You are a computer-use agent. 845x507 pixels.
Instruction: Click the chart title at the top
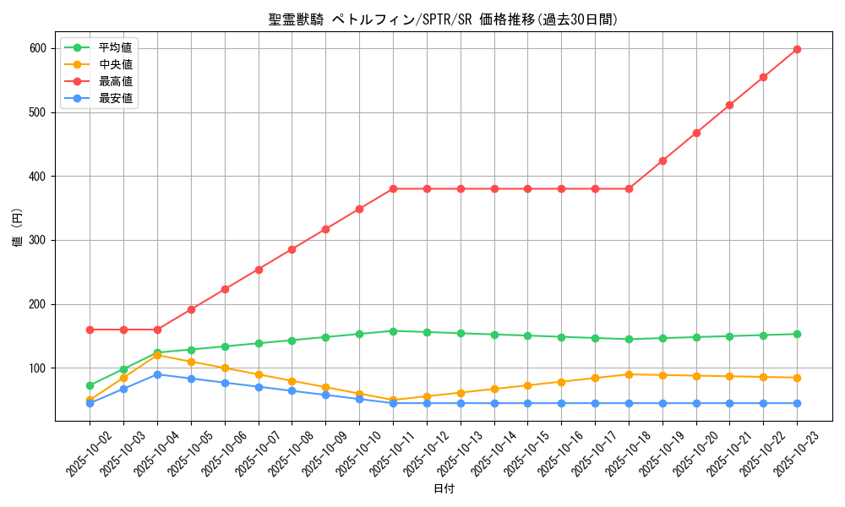pos(444,19)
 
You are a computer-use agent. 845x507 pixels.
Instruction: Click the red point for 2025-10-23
pos(797,49)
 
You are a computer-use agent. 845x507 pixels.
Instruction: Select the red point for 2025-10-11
pos(393,188)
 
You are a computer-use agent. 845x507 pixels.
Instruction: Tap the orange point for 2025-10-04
pos(157,355)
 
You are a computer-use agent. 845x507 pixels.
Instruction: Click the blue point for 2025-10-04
pos(157,374)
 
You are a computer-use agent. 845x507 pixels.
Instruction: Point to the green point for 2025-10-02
pos(90,385)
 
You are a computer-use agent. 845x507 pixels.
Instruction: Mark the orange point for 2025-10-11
pos(393,401)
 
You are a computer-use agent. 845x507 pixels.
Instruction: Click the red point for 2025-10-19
pos(662,161)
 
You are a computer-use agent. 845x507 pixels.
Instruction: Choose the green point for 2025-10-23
pos(797,334)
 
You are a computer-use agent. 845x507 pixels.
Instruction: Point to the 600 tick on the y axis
pos(37,48)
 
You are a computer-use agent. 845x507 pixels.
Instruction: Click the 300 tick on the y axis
pos(37,240)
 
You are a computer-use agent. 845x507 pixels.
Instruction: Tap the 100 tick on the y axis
pos(37,368)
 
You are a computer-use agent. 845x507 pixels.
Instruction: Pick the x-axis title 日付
pos(444,489)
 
